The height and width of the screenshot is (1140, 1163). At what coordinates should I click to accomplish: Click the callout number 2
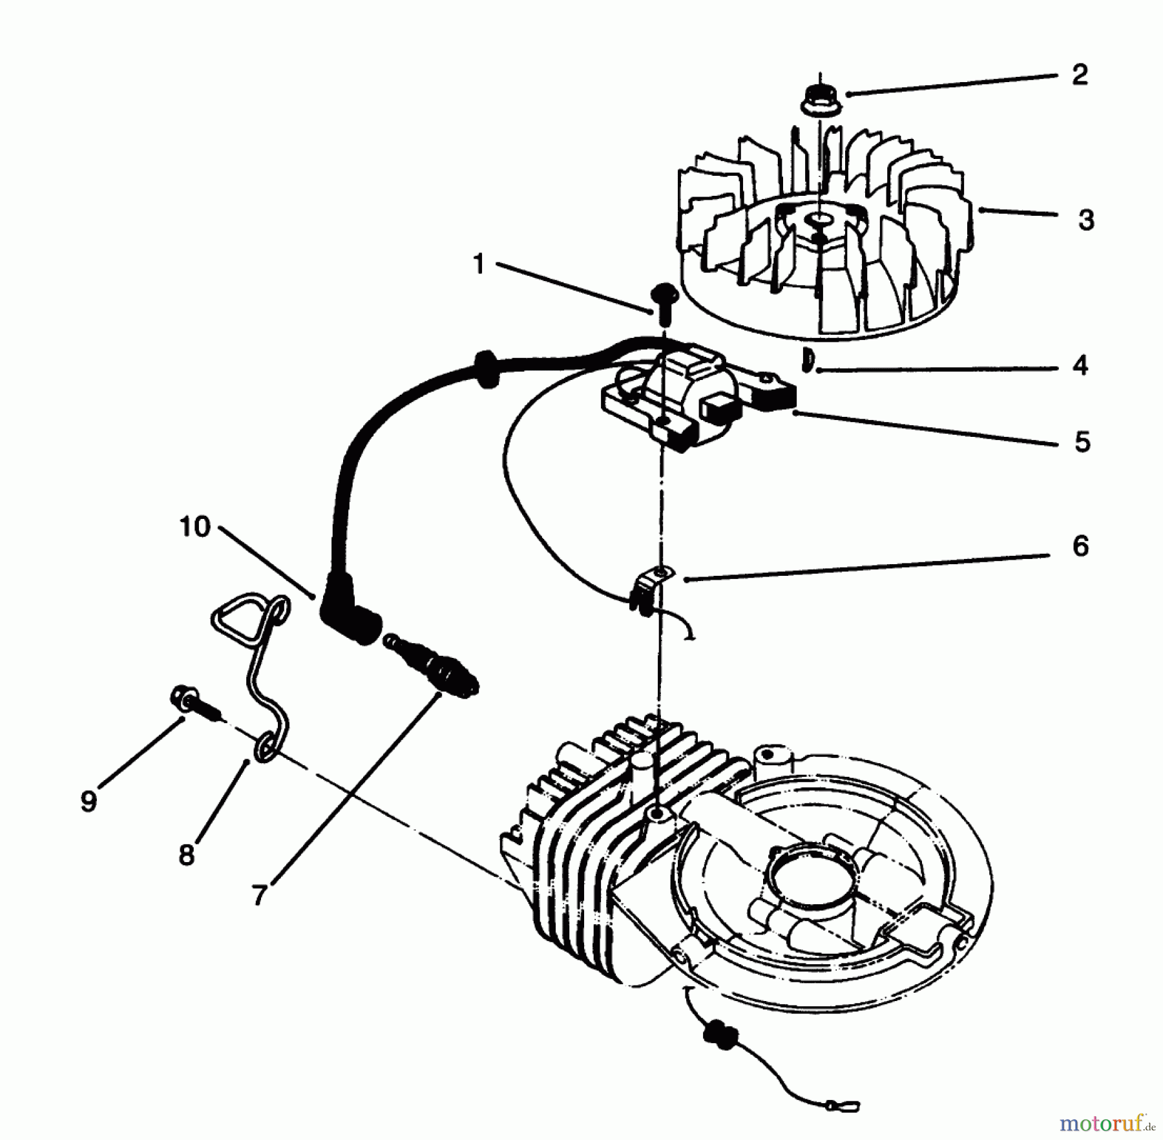(1080, 75)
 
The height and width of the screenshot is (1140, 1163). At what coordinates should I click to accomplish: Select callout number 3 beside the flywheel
(1086, 220)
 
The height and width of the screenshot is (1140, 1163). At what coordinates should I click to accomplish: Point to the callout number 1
(479, 264)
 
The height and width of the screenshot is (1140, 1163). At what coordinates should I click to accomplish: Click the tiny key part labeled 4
(806, 359)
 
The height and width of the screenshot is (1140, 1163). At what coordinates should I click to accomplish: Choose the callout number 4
(1080, 366)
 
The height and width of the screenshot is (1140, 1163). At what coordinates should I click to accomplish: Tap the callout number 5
(1082, 442)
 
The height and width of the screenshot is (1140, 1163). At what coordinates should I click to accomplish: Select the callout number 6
(1080, 547)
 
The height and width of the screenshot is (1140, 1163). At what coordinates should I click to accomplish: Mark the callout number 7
(259, 895)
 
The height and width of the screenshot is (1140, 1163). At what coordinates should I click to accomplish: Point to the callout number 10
(195, 527)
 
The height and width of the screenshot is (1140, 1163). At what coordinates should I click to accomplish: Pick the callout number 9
(89, 801)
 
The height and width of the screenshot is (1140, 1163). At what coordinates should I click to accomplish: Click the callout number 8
(186, 855)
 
